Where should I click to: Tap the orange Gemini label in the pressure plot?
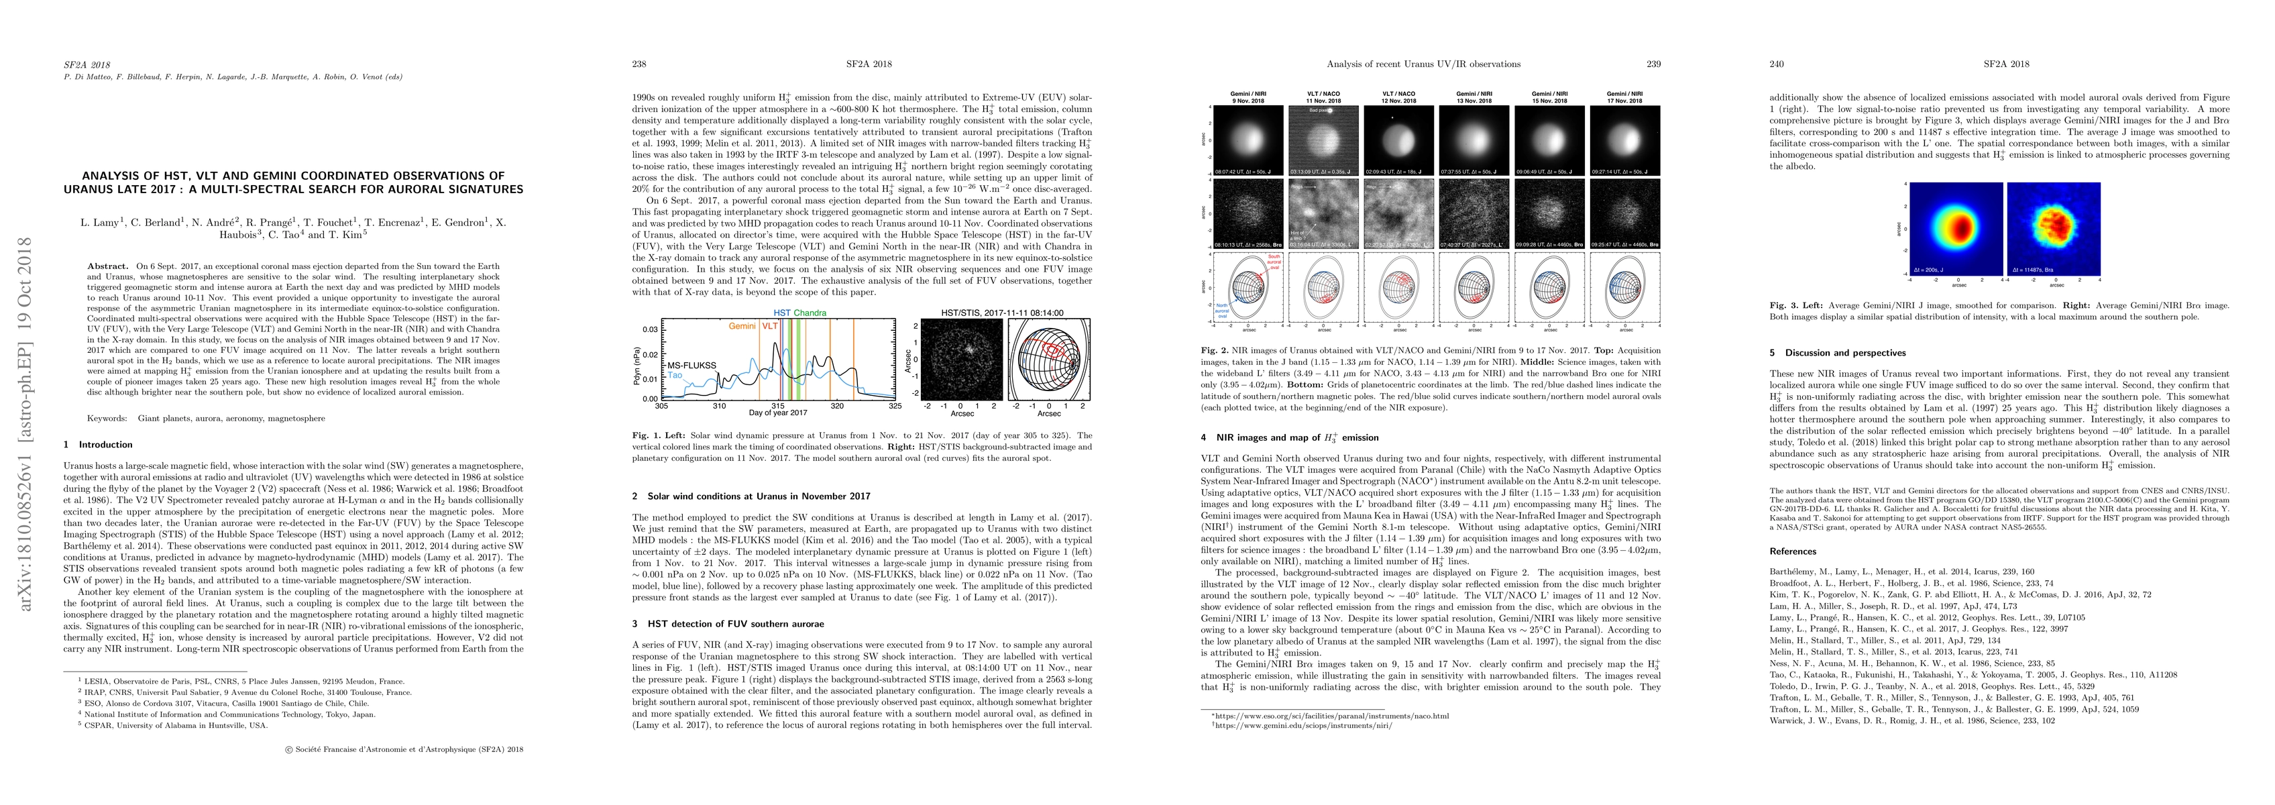(742, 326)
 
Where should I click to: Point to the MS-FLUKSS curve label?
(691, 364)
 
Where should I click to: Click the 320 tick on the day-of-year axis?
(837, 407)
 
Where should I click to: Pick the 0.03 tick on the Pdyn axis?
(649, 329)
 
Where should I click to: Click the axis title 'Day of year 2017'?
(778, 413)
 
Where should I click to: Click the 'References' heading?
(1792, 551)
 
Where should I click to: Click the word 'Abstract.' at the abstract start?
(108, 266)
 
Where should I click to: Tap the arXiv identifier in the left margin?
(27, 424)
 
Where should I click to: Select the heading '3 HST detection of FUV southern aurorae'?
(728, 624)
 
